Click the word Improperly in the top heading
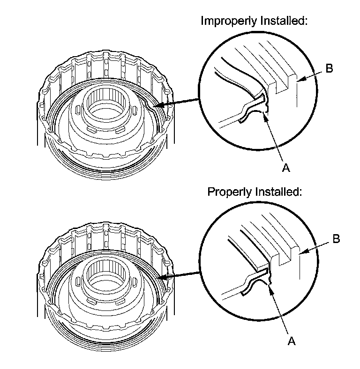pyautogui.click(x=225, y=21)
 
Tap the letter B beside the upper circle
pyautogui.click(x=329, y=68)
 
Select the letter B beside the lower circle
pyautogui.click(x=336, y=239)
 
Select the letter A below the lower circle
pyautogui.click(x=292, y=341)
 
